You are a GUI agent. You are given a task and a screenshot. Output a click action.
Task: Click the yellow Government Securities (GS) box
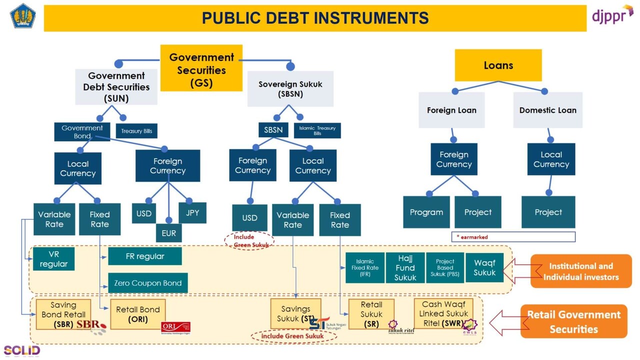point(201,68)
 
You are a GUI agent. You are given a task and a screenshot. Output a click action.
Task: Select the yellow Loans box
point(498,65)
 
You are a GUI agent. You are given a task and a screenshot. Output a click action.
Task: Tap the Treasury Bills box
point(136,131)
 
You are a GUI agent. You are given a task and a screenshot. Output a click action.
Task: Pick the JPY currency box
point(192,212)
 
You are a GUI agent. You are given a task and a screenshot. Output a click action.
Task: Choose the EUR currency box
point(169,233)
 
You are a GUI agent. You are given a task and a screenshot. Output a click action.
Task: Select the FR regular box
point(145,256)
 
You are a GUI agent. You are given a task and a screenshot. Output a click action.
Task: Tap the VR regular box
point(54,259)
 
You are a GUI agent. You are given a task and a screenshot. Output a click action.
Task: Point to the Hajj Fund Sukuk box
point(405,267)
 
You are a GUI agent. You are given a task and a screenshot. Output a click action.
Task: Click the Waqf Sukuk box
point(484,267)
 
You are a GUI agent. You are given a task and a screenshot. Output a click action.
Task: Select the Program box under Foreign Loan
point(426,212)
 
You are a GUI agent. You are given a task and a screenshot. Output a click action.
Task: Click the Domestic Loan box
point(547,110)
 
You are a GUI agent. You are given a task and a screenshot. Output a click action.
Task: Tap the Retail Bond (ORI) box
point(138,314)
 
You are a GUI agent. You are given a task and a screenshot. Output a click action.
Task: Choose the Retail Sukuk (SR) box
point(371,314)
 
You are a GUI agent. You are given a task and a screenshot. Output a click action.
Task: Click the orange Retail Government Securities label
point(573,321)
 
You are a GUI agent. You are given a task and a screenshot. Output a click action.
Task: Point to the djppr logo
point(612,16)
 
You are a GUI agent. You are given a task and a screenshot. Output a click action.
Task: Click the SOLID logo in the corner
point(21,350)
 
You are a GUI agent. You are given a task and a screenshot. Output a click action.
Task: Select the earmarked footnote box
point(513,236)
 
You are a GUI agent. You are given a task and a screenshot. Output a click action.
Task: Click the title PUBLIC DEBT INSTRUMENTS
point(315,18)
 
